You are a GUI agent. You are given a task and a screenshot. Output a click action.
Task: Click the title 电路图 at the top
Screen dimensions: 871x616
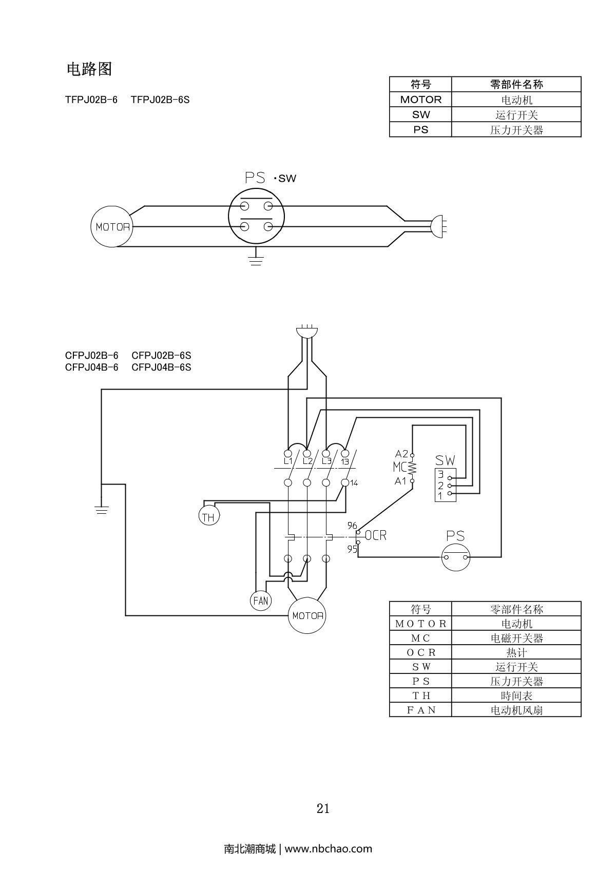click(89, 69)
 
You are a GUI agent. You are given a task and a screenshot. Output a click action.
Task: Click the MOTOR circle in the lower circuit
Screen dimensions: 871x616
click(308, 615)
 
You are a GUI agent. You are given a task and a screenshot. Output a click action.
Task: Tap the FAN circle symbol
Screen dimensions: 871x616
click(261, 601)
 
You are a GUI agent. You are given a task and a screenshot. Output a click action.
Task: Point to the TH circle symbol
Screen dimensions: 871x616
click(208, 516)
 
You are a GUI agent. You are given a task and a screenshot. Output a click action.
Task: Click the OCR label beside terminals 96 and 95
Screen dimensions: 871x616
click(376, 535)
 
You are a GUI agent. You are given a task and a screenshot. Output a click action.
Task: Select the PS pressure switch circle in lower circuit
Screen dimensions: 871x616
click(456, 557)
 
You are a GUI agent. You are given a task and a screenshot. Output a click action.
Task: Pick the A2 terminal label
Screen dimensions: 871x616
click(401, 454)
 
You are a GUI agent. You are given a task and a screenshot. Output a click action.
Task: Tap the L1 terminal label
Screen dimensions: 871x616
click(288, 461)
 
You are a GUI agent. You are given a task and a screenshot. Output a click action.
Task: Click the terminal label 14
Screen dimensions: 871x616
click(354, 483)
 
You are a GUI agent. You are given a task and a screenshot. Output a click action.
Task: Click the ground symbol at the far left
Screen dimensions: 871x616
click(102, 509)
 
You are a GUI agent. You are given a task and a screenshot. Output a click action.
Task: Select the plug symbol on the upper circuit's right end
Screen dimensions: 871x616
click(439, 226)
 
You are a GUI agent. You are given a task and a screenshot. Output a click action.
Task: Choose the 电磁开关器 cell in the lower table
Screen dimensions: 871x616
click(516, 638)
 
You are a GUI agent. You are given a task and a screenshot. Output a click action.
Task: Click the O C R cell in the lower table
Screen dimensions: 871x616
click(420, 652)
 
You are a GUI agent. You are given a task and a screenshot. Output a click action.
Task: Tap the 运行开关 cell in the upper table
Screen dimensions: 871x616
click(516, 114)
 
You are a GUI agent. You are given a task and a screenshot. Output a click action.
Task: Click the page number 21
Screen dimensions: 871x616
click(323, 808)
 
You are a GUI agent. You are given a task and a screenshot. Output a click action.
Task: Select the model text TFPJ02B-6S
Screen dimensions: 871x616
click(160, 100)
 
